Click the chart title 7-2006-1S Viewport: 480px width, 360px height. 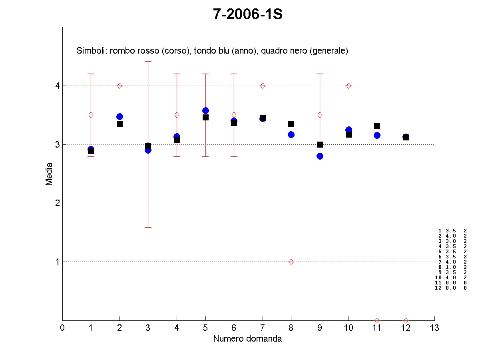click(x=248, y=14)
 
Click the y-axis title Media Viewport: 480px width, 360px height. click(x=49, y=174)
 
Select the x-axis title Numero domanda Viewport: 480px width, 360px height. click(x=247, y=339)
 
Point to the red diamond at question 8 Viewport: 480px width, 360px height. click(x=291, y=262)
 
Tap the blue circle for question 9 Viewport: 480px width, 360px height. click(x=320, y=156)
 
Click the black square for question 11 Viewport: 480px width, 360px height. click(x=377, y=126)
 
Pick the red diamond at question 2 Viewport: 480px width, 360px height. click(x=120, y=86)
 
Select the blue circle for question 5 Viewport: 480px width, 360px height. click(x=205, y=110)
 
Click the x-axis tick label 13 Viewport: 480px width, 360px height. click(x=434, y=328)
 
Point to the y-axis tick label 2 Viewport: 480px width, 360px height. click(x=57, y=203)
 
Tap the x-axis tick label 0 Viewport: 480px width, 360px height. click(x=62, y=328)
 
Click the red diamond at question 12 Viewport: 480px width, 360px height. click(x=406, y=320)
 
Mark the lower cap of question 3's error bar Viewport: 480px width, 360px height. click(x=148, y=227)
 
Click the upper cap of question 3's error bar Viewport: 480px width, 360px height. click(x=148, y=61)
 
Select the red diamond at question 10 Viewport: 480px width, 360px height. click(x=349, y=86)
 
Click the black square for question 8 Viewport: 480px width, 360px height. click(x=291, y=124)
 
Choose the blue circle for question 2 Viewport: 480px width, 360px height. click(x=120, y=116)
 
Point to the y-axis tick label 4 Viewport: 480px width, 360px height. click(x=57, y=86)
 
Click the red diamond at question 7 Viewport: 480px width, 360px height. click(x=263, y=86)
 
